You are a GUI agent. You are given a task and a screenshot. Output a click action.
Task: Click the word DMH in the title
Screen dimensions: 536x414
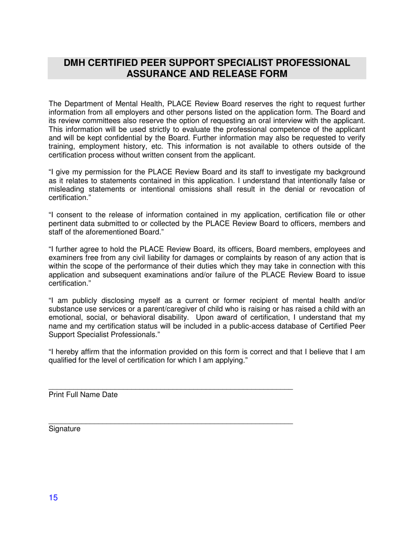(75, 63)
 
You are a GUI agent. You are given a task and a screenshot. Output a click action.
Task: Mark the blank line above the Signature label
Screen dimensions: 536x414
(170, 423)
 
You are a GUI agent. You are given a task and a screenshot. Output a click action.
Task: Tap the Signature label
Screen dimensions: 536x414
(64, 429)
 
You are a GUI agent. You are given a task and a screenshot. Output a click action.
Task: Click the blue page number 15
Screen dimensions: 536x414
(53, 498)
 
